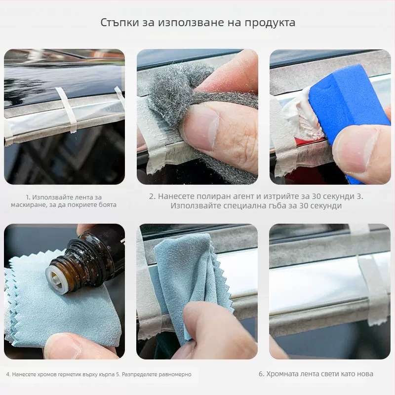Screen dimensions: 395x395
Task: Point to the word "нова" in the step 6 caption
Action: click(363, 374)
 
